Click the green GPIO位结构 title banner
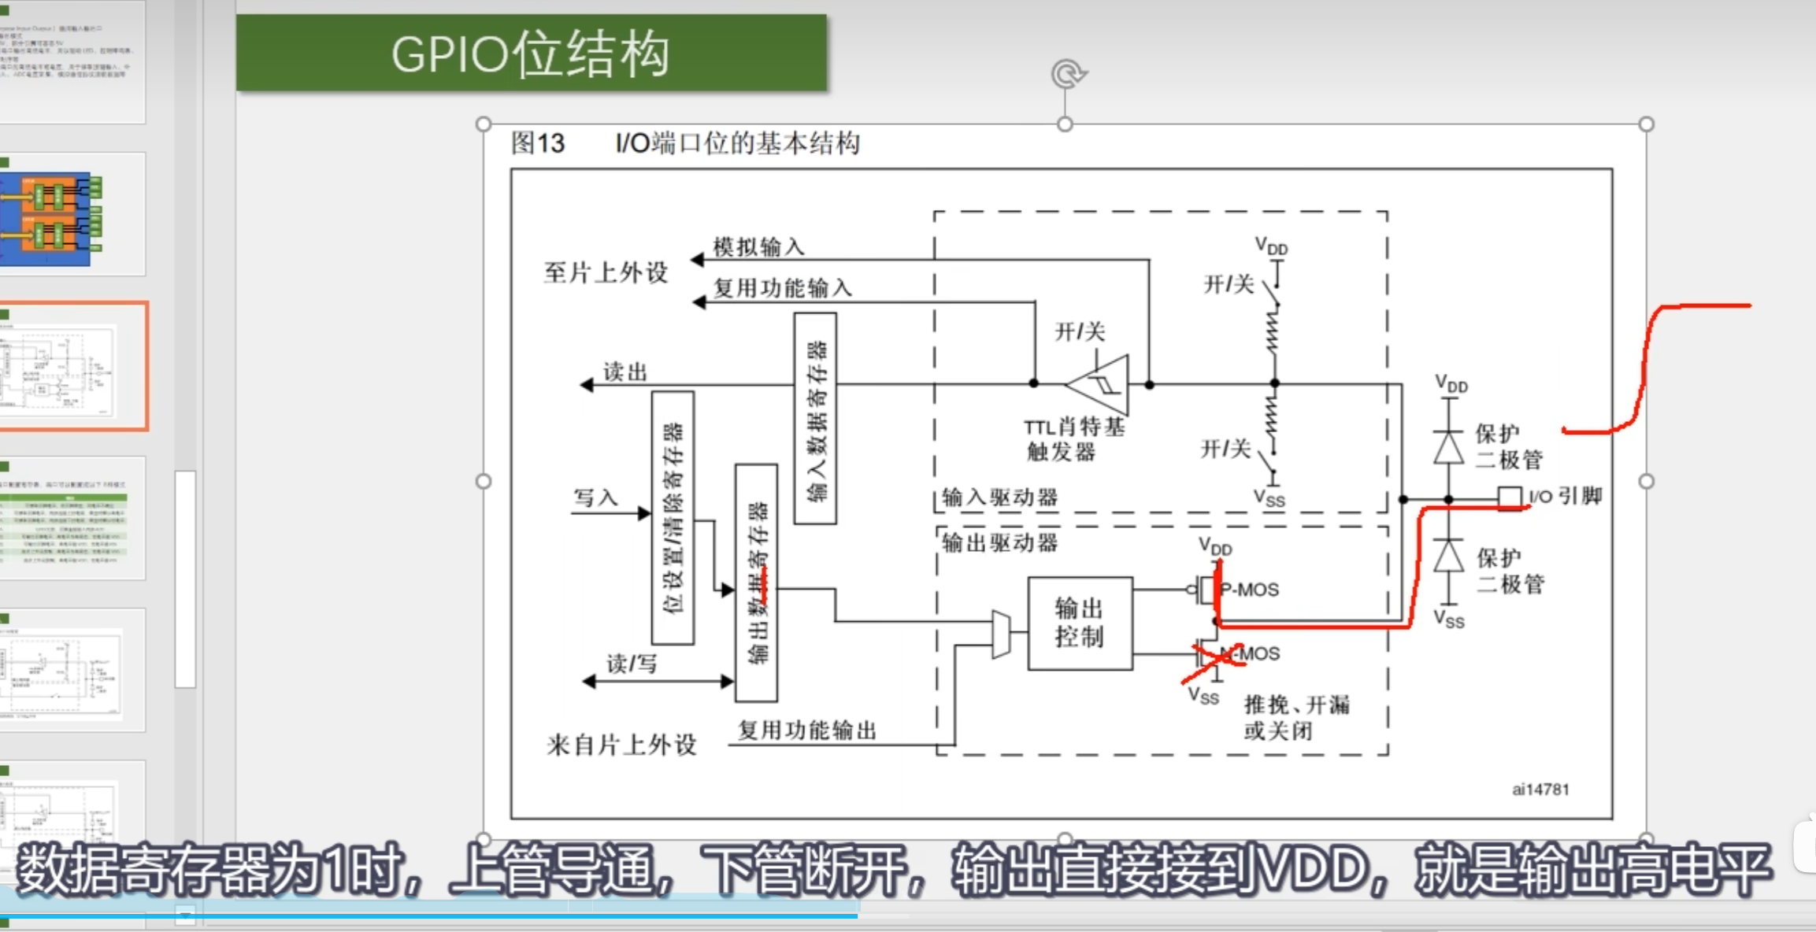532,53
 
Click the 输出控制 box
1080,623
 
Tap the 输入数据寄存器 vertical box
815,418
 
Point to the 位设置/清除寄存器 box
673,517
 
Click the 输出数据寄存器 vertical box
756,582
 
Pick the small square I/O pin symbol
1509,498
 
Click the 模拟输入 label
758,246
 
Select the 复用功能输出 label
806,730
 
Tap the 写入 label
595,497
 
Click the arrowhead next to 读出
587,385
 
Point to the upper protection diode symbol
1448,447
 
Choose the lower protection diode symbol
1448,556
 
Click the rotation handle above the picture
1067,75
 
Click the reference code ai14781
1540,789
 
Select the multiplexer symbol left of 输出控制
1001,633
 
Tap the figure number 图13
538,143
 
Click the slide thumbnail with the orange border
72,366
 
